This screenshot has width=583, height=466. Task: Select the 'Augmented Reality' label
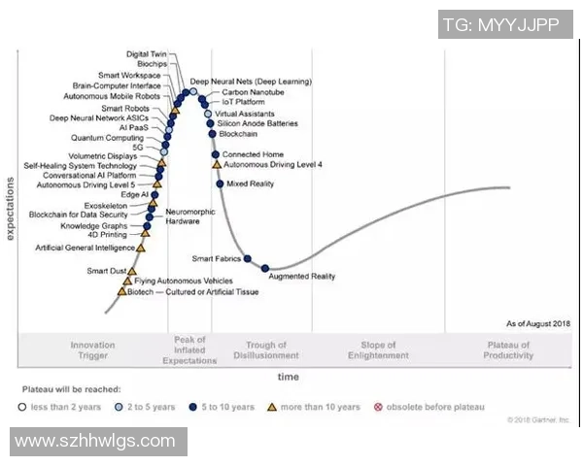301,277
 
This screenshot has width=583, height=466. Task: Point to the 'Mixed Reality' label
251,183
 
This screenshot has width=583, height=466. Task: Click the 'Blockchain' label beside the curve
238,134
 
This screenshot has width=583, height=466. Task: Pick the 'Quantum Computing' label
107,138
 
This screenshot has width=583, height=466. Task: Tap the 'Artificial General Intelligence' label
85,248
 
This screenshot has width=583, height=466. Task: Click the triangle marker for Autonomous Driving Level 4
216,165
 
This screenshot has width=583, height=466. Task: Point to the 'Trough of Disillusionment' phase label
266,350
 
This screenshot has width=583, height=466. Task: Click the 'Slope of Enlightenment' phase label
379,350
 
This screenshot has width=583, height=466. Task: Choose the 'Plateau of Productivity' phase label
509,350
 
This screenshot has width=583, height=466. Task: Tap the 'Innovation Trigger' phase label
92,350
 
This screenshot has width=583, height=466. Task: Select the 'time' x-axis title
289,377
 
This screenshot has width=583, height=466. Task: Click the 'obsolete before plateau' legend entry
434,407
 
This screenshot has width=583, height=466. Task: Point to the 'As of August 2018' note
538,323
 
